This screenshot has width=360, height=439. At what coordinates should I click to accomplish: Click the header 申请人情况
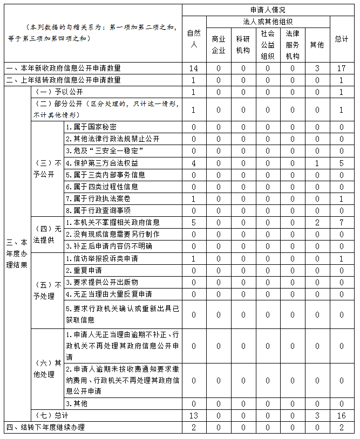[x=268, y=10]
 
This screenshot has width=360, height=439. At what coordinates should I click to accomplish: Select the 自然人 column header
[x=193, y=39]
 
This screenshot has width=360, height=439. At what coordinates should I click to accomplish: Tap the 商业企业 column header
[x=219, y=45]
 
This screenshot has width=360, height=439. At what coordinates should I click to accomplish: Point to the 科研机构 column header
[x=243, y=45]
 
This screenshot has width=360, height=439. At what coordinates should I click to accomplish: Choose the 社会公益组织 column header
[x=267, y=45]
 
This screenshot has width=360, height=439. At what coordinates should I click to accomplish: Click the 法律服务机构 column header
[x=292, y=45]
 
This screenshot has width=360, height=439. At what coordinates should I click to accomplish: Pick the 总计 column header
[x=341, y=39]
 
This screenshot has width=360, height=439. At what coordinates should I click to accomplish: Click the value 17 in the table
[x=341, y=68]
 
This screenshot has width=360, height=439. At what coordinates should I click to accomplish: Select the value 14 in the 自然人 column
[x=193, y=68]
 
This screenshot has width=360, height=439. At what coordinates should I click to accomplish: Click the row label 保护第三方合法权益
[x=101, y=163]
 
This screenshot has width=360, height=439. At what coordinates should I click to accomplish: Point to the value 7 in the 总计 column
[x=341, y=222]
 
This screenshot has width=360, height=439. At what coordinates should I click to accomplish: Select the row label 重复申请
[x=84, y=270]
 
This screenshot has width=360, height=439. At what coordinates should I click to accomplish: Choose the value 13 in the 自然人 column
[x=193, y=415]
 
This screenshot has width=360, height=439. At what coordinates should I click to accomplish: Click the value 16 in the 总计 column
[x=341, y=415]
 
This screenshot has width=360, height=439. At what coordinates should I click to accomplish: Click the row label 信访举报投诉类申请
[x=101, y=258]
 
